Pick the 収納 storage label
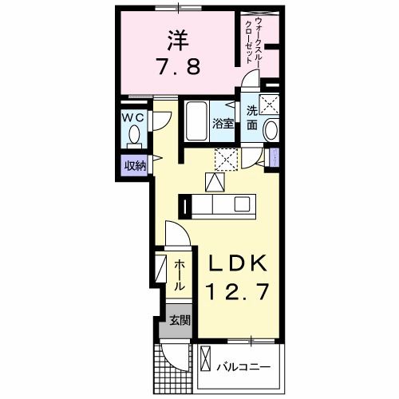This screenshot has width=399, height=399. [x=134, y=165]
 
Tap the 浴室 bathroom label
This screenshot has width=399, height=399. [x=223, y=124]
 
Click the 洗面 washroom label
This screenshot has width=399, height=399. [x=251, y=118]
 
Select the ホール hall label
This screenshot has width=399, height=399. [x=180, y=274]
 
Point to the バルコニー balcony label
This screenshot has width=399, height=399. [x=243, y=368]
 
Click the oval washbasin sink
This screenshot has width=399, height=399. [x=271, y=131]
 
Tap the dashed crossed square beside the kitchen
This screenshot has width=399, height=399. [x=226, y=159]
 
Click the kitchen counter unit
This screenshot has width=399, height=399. [x=220, y=207]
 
